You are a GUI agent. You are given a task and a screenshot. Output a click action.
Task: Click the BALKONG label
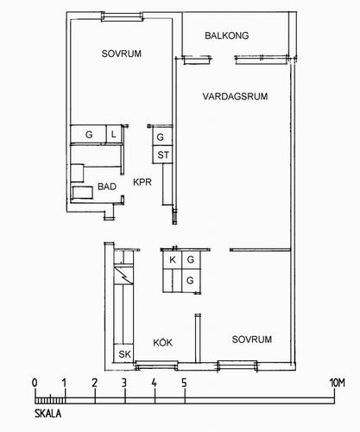[x=227, y=35]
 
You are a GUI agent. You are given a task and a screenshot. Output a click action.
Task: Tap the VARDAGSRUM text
[x=235, y=96]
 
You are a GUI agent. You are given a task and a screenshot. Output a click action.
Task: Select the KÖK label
[x=162, y=342]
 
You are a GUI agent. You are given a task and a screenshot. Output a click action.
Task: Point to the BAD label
[x=107, y=187]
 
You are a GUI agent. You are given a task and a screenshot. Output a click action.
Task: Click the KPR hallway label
[x=142, y=182]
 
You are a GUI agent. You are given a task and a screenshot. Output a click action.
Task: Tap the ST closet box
[x=162, y=155]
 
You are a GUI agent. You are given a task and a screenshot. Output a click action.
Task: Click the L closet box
[x=114, y=134]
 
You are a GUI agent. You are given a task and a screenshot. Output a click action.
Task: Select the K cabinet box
[x=173, y=260]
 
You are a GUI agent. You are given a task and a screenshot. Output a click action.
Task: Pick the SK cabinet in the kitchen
[x=124, y=353]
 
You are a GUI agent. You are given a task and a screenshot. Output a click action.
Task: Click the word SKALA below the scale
[x=47, y=414]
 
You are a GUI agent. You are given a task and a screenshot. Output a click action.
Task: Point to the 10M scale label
[x=338, y=383]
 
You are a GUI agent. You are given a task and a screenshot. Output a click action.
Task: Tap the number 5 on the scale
[x=184, y=383]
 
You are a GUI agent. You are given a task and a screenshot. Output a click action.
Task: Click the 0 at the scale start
[x=35, y=383]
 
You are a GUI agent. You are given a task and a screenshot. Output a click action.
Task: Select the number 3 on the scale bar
[x=124, y=383]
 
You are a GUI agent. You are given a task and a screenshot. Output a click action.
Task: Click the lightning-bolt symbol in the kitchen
[x=123, y=276]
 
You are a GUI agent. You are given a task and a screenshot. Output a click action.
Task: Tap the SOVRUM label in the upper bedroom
[x=122, y=54]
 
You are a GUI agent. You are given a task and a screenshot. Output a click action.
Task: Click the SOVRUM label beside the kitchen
[x=252, y=340]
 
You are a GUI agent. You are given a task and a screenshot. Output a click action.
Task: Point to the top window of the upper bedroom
[x=122, y=16]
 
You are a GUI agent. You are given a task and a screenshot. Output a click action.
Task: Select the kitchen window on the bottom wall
[x=156, y=365]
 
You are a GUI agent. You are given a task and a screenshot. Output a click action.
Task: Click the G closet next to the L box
[x=89, y=134]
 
